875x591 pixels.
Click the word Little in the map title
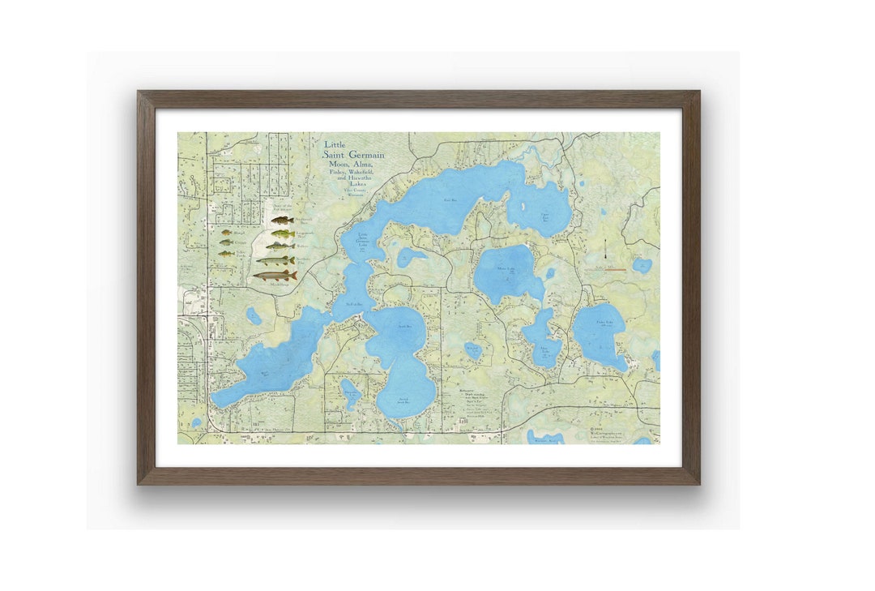[335, 145]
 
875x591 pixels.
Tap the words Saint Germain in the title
[354, 155]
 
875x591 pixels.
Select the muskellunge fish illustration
[275, 276]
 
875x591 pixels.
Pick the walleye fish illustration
[280, 246]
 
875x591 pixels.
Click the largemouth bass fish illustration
[280, 233]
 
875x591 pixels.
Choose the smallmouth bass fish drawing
[281, 220]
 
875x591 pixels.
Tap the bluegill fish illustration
[226, 233]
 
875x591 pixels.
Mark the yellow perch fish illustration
[226, 253]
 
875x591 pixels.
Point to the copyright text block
[608, 434]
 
